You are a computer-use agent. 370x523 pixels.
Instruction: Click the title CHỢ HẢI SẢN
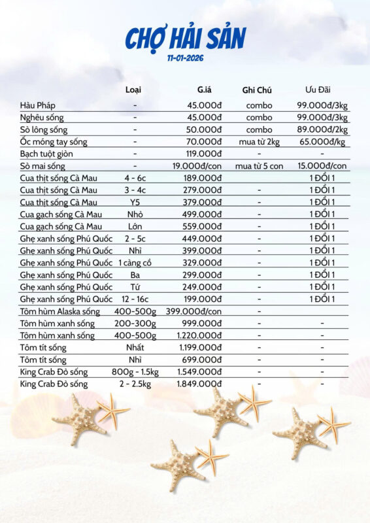185,39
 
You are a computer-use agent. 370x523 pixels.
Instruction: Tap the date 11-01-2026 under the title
185,58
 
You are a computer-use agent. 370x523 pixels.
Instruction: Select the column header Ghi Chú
256,90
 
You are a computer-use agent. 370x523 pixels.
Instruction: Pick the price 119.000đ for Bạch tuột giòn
201,154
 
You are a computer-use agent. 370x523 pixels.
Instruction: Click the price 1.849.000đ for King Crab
199,384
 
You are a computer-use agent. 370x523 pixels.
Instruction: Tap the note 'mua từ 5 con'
259,166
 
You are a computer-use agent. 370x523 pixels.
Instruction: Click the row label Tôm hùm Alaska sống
59,311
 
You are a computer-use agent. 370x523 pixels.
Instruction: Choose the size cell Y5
135,202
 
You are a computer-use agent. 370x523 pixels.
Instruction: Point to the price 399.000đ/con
193,311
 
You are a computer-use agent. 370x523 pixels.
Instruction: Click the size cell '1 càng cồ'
135,263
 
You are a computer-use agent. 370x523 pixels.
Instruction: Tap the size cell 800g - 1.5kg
135,372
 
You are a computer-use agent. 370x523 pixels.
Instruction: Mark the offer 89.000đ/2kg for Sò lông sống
321,129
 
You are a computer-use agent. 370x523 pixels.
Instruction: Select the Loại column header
133,90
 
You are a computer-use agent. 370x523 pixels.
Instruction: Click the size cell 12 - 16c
135,299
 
